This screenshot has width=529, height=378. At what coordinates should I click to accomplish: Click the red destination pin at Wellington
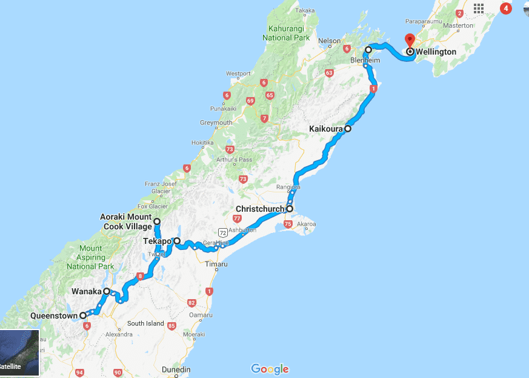pos(410,40)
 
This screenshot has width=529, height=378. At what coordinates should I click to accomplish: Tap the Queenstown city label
pos(55,316)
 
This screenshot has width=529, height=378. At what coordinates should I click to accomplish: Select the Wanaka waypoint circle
pos(107,291)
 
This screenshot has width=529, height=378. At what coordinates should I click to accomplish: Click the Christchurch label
pos(260,209)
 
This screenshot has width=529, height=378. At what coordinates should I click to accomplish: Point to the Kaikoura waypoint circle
pos(348,129)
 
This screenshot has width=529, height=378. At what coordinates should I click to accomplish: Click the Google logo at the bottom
pos(270,369)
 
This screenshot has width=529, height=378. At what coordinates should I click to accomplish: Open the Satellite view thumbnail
pos(19,353)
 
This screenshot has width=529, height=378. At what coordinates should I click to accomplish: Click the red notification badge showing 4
pos(505,8)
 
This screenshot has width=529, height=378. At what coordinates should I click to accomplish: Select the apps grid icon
pos(479,8)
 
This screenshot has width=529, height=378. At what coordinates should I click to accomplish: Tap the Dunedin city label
pos(176,370)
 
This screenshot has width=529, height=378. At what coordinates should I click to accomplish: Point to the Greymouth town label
pos(216,123)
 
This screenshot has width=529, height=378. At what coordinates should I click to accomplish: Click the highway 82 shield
pos(191,303)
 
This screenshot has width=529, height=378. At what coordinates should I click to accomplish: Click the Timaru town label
pos(216,265)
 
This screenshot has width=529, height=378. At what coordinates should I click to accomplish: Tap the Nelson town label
pos(330,41)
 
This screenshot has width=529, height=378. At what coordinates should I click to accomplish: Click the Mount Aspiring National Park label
pos(90,257)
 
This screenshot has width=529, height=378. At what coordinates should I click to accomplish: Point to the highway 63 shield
pos(329,73)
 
